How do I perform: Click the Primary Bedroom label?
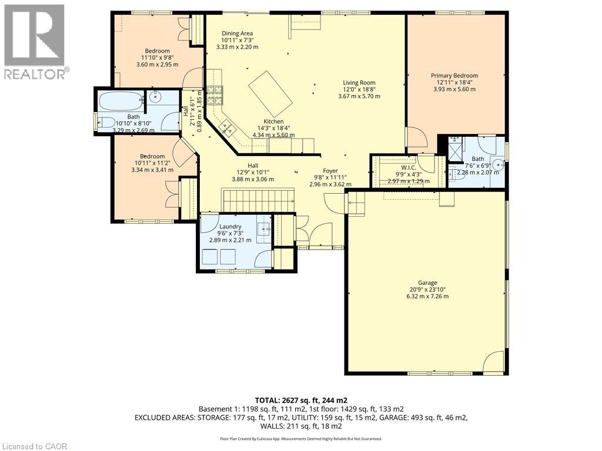click(x=454, y=76)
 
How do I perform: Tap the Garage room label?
click(x=427, y=283)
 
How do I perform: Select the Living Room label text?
click(x=359, y=82)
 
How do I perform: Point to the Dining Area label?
click(x=238, y=33)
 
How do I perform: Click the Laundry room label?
click(x=230, y=227)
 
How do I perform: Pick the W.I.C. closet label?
click(x=409, y=167)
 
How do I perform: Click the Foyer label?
click(x=330, y=171)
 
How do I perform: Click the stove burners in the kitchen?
click(x=215, y=96)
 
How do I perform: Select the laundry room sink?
click(x=263, y=230)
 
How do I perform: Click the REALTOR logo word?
click(x=35, y=74)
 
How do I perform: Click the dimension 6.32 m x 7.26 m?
click(x=427, y=297)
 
